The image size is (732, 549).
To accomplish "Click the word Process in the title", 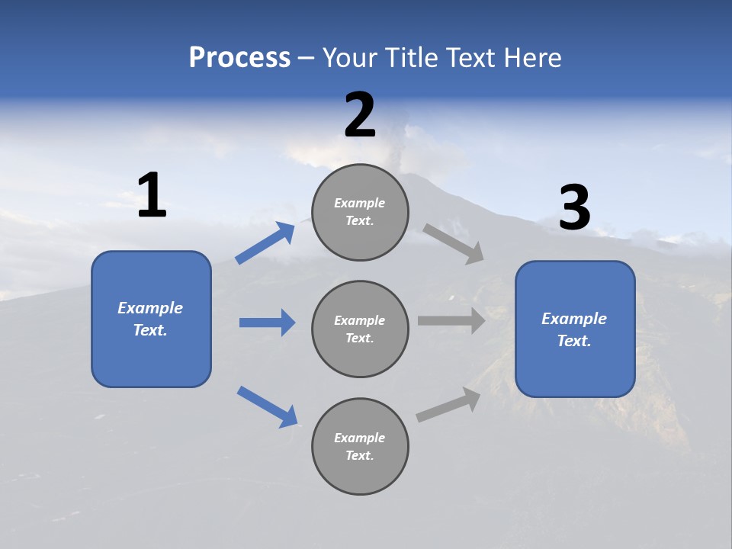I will [x=239, y=58].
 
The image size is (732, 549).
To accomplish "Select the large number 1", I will [x=152, y=196].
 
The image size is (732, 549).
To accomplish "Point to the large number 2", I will [x=360, y=115].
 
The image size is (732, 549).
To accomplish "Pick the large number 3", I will [x=574, y=208].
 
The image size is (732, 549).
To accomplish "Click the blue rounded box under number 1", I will [x=151, y=319].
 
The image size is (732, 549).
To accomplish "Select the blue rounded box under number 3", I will [x=575, y=329].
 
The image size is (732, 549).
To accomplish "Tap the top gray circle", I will [x=360, y=212].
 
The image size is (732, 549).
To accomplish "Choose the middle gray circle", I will [x=360, y=329].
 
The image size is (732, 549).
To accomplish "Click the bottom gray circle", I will [x=360, y=446].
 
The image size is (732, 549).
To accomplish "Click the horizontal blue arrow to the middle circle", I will [x=267, y=323].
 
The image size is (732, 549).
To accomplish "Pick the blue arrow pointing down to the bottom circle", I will [x=267, y=406].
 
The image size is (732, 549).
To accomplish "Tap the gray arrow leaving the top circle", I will [x=454, y=244].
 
